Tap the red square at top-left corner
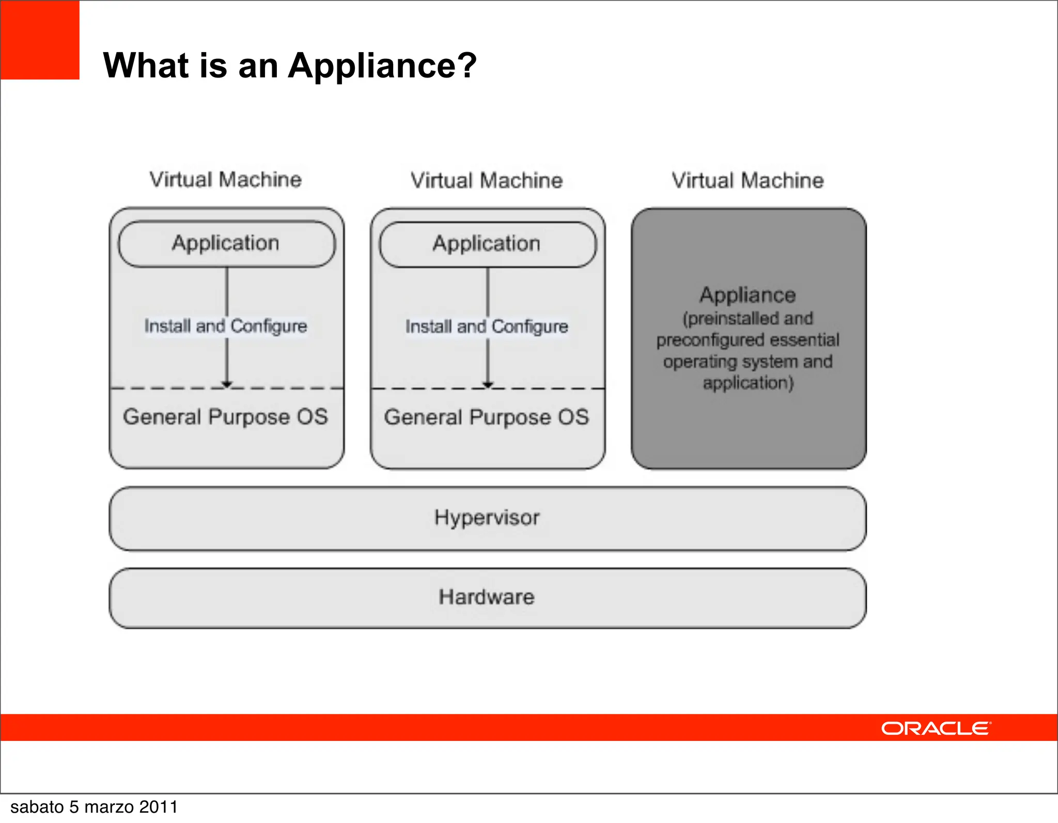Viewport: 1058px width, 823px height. coord(40,40)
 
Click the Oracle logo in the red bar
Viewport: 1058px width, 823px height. coord(936,728)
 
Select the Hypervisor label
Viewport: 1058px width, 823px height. coord(487,518)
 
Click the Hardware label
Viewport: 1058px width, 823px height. coord(487,597)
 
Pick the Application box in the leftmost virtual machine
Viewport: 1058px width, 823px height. coord(226,243)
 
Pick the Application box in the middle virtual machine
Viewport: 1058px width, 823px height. coord(487,244)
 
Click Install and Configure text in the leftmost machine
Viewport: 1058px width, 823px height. coord(226,326)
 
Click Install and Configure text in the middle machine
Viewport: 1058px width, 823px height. coord(487,327)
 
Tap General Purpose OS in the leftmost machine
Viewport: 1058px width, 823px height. coord(226,417)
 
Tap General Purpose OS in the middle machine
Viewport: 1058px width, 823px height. coord(487,417)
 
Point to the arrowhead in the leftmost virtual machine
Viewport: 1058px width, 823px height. coord(227,384)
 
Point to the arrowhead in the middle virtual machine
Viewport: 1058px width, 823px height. coord(488,384)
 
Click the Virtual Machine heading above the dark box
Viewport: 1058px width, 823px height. coord(748,181)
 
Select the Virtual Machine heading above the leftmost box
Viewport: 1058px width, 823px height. coord(226,180)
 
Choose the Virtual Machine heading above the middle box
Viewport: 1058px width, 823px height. coord(487,181)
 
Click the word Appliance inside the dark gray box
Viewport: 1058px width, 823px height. coord(748,295)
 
